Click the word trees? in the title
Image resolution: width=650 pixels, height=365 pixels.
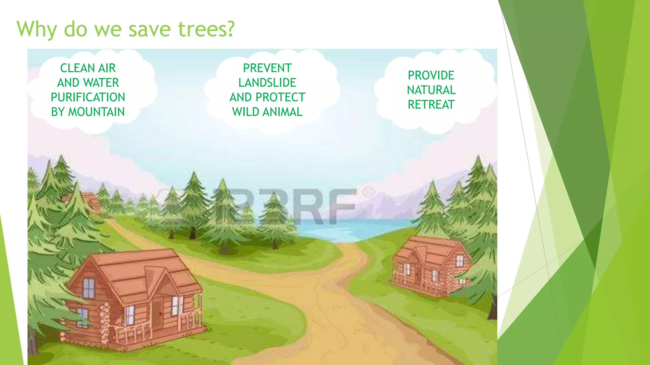[206, 29]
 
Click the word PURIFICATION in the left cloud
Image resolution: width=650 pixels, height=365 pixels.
[88, 97]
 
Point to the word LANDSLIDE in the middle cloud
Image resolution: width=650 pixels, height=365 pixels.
[267, 83]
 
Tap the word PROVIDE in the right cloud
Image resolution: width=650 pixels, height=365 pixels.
[431, 75]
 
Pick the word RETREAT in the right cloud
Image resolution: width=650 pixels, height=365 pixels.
[431, 105]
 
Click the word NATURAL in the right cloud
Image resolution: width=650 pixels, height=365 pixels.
[431, 90]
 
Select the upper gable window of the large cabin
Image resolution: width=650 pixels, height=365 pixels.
[89, 288]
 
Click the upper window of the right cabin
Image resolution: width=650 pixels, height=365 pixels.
[460, 261]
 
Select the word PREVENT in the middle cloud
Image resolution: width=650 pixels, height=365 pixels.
[267, 68]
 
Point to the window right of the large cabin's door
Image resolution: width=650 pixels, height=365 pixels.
[176, 306]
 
